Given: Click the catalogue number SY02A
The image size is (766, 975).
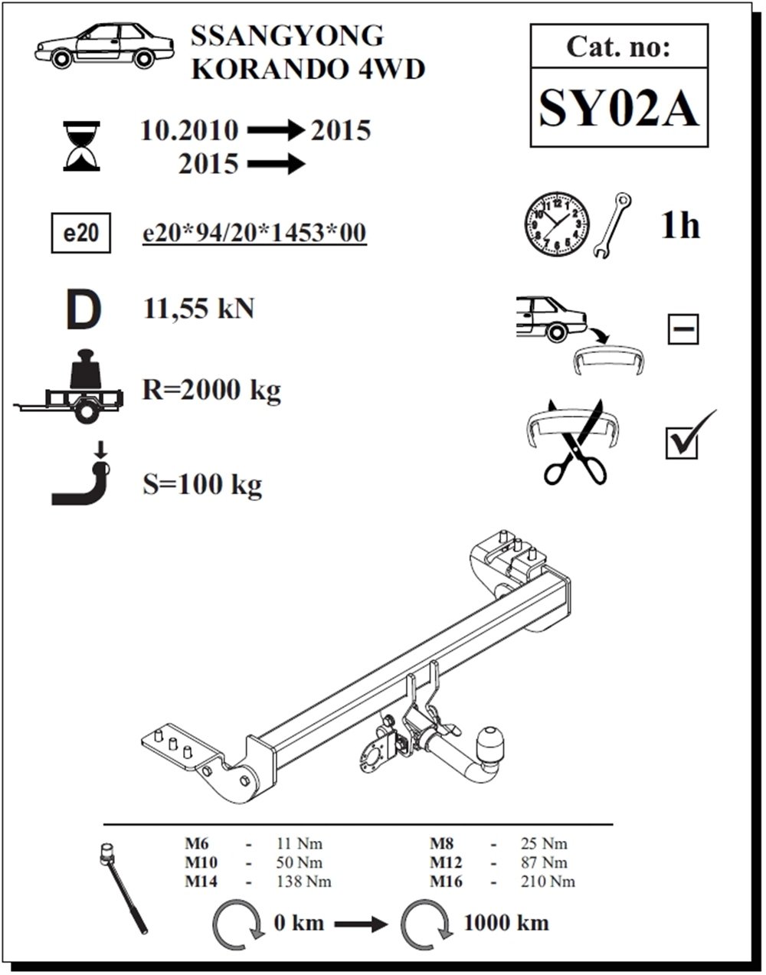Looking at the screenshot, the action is (x=618, y=109).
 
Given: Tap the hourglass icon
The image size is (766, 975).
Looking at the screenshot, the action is (x=82, y=146).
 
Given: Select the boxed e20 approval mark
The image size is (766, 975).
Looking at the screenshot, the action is (x=80, y=233).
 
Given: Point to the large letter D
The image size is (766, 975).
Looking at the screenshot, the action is (x=83, y=309).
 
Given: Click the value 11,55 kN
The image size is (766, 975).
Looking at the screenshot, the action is (x=198, y=309).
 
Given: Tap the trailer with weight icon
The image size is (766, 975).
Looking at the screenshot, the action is (x=68, y=386).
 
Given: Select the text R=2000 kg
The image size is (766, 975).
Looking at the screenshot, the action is (x=211, y=390).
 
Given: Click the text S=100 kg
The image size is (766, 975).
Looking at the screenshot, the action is (x=202, y=485).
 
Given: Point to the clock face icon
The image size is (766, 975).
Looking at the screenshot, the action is (x=557, y=224).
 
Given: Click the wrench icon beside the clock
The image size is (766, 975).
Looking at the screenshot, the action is (x=612, y=225).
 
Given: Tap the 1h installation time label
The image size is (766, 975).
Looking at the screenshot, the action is (x=680, y=225).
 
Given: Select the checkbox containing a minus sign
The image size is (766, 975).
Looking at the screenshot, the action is (x=683, y=329).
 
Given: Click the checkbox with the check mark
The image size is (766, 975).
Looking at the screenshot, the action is (x=682, y=442).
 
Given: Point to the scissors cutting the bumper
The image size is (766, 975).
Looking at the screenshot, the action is (x=575, y=441).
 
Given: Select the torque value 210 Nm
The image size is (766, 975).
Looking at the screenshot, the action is (x=548, y=882).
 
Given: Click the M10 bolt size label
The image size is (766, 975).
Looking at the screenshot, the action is (x=201, y=862).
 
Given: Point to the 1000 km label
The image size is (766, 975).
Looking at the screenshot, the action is (x=506, y=923).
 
